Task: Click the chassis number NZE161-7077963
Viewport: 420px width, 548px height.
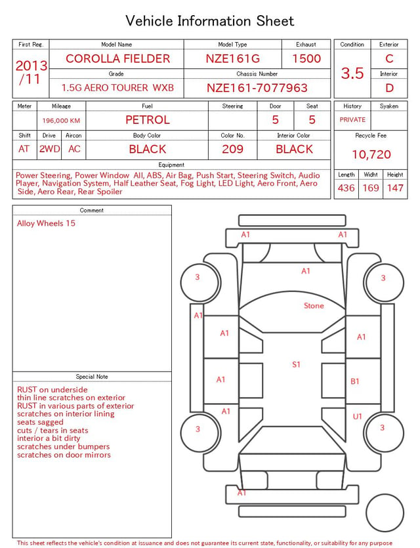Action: [257, 88]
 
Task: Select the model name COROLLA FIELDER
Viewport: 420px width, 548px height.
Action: [117, 58]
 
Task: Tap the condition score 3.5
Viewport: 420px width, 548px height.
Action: [352, 74]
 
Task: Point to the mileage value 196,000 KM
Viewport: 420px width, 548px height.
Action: [61, 121]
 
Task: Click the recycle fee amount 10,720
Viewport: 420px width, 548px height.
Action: [371, 154]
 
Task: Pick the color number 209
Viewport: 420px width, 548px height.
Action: [232, 149]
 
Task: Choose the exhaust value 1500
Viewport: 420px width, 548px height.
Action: [306, 58]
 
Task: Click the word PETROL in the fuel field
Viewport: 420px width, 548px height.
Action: [148, 120]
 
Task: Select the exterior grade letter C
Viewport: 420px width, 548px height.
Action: [389, 58]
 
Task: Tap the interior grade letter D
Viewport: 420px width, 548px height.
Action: [389, 88]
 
